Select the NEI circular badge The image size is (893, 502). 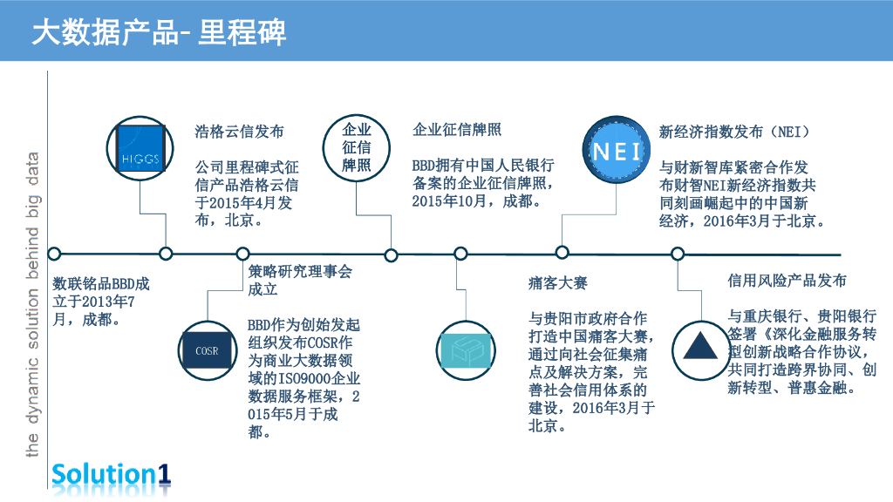pyautogui.click(x=617, y=150)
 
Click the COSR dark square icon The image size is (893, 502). pyautogui.click(x=208, y=351)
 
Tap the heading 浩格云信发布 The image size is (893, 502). pyautogui.click(x=239, y=132)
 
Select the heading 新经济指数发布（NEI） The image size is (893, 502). pyautogui.click(x=735, y=132)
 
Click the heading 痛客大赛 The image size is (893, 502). pyautogui.click(x=558, y=283)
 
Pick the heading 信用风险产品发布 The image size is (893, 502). pyautogui.click(x=787, y=281)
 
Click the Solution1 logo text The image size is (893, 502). pyautogui.click(x=111, y=474)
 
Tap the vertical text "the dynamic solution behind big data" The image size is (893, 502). pyautogui.click(x=33, y=305)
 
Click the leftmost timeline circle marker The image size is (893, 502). pyautogui.click(x=54, y=254)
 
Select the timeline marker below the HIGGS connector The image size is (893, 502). pyautogui.click(x=166, y=254)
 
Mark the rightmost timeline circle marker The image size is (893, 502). pyautogui.click(x=677, y=254)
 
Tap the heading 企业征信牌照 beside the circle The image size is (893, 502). pyautogui.click(x=457, y=131)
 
